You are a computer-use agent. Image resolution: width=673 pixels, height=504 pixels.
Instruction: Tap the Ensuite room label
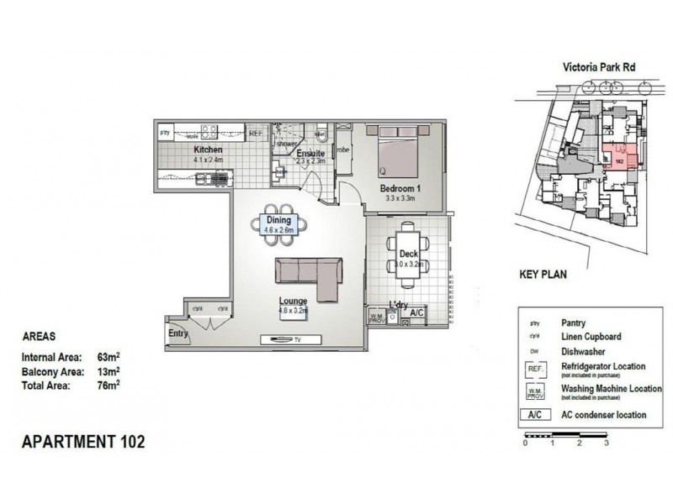pos(310,154)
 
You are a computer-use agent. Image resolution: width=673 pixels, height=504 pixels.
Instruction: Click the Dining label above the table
pos(278,220)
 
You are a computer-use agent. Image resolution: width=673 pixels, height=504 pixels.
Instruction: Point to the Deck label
pos(408,254)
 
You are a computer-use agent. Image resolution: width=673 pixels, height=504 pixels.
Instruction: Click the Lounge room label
pos(294,301)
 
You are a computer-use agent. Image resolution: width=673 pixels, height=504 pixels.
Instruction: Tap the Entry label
pos(178,333)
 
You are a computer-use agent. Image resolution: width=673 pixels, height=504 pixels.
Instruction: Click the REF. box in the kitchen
pos(257,132)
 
